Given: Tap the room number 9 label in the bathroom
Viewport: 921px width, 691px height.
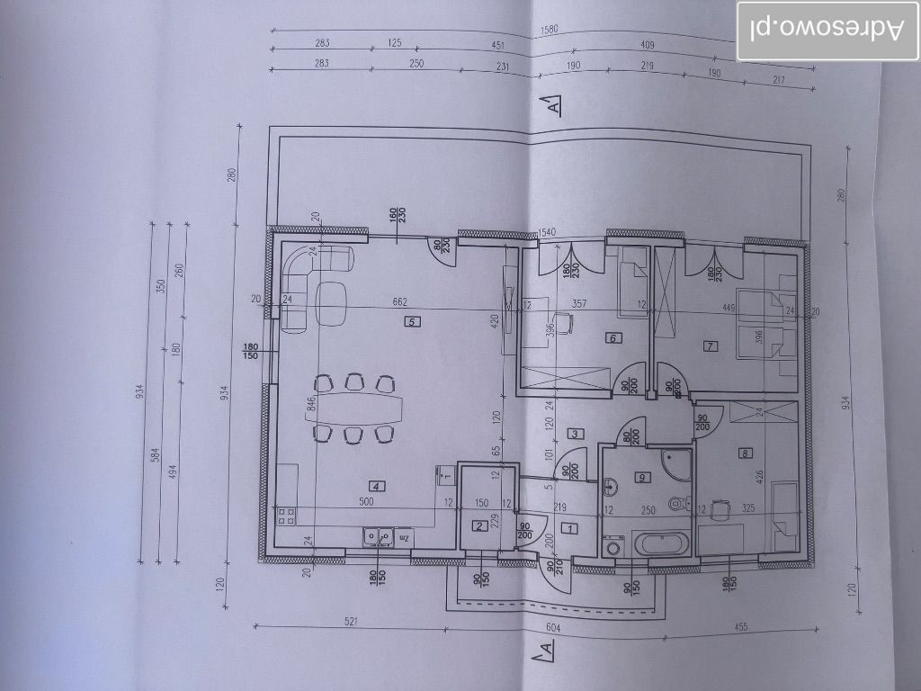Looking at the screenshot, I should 641,477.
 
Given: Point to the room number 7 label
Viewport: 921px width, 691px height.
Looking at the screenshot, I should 710,345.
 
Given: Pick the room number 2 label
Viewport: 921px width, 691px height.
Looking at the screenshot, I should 480,526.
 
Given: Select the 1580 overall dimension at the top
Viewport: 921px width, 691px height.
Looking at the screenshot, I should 550,31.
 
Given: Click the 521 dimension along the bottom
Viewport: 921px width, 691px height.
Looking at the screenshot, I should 352,621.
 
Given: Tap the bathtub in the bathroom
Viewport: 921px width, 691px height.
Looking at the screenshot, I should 661,544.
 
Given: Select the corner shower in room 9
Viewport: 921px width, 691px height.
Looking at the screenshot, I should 675,463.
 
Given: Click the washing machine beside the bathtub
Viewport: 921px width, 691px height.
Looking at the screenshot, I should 615,546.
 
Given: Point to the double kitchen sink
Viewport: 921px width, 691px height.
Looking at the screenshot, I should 378,536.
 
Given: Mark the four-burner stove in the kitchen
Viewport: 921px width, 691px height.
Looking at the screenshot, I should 286,516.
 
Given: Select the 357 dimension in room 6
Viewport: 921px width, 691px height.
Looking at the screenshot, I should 580,305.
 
